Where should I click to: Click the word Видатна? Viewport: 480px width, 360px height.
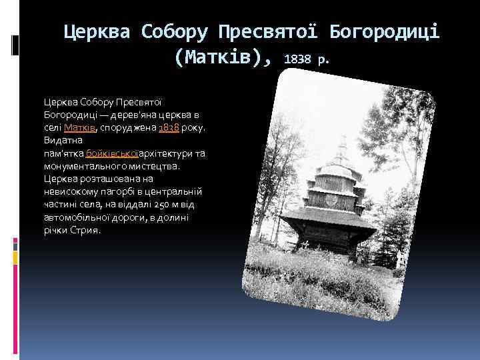point(61,141)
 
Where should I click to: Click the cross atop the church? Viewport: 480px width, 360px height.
point(343,141)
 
